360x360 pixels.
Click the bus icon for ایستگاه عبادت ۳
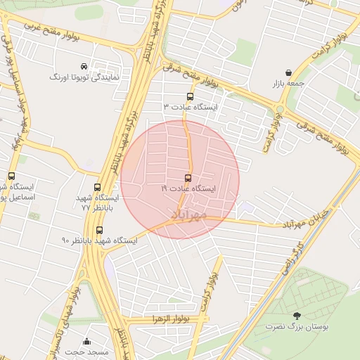tap(190, 96)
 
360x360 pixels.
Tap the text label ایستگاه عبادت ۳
tap(191, 107)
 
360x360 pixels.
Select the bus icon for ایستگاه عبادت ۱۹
tap(188, 178)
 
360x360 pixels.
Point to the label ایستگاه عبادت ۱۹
tap(188, 188)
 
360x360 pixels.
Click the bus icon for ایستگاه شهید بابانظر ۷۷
tap(97, 187)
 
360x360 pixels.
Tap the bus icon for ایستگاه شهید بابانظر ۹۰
tap(98, 230)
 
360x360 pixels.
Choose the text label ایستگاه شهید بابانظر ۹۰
tap(99, 240)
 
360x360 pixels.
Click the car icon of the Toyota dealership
tap(84, 65)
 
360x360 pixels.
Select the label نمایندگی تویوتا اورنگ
tap(84, 76)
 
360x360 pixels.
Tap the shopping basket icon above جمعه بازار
tap(289, 72)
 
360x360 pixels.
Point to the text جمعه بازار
tap(290, 83)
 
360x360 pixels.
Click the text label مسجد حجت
tap(84, 351)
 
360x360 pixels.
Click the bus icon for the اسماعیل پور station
tap(11, 176)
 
